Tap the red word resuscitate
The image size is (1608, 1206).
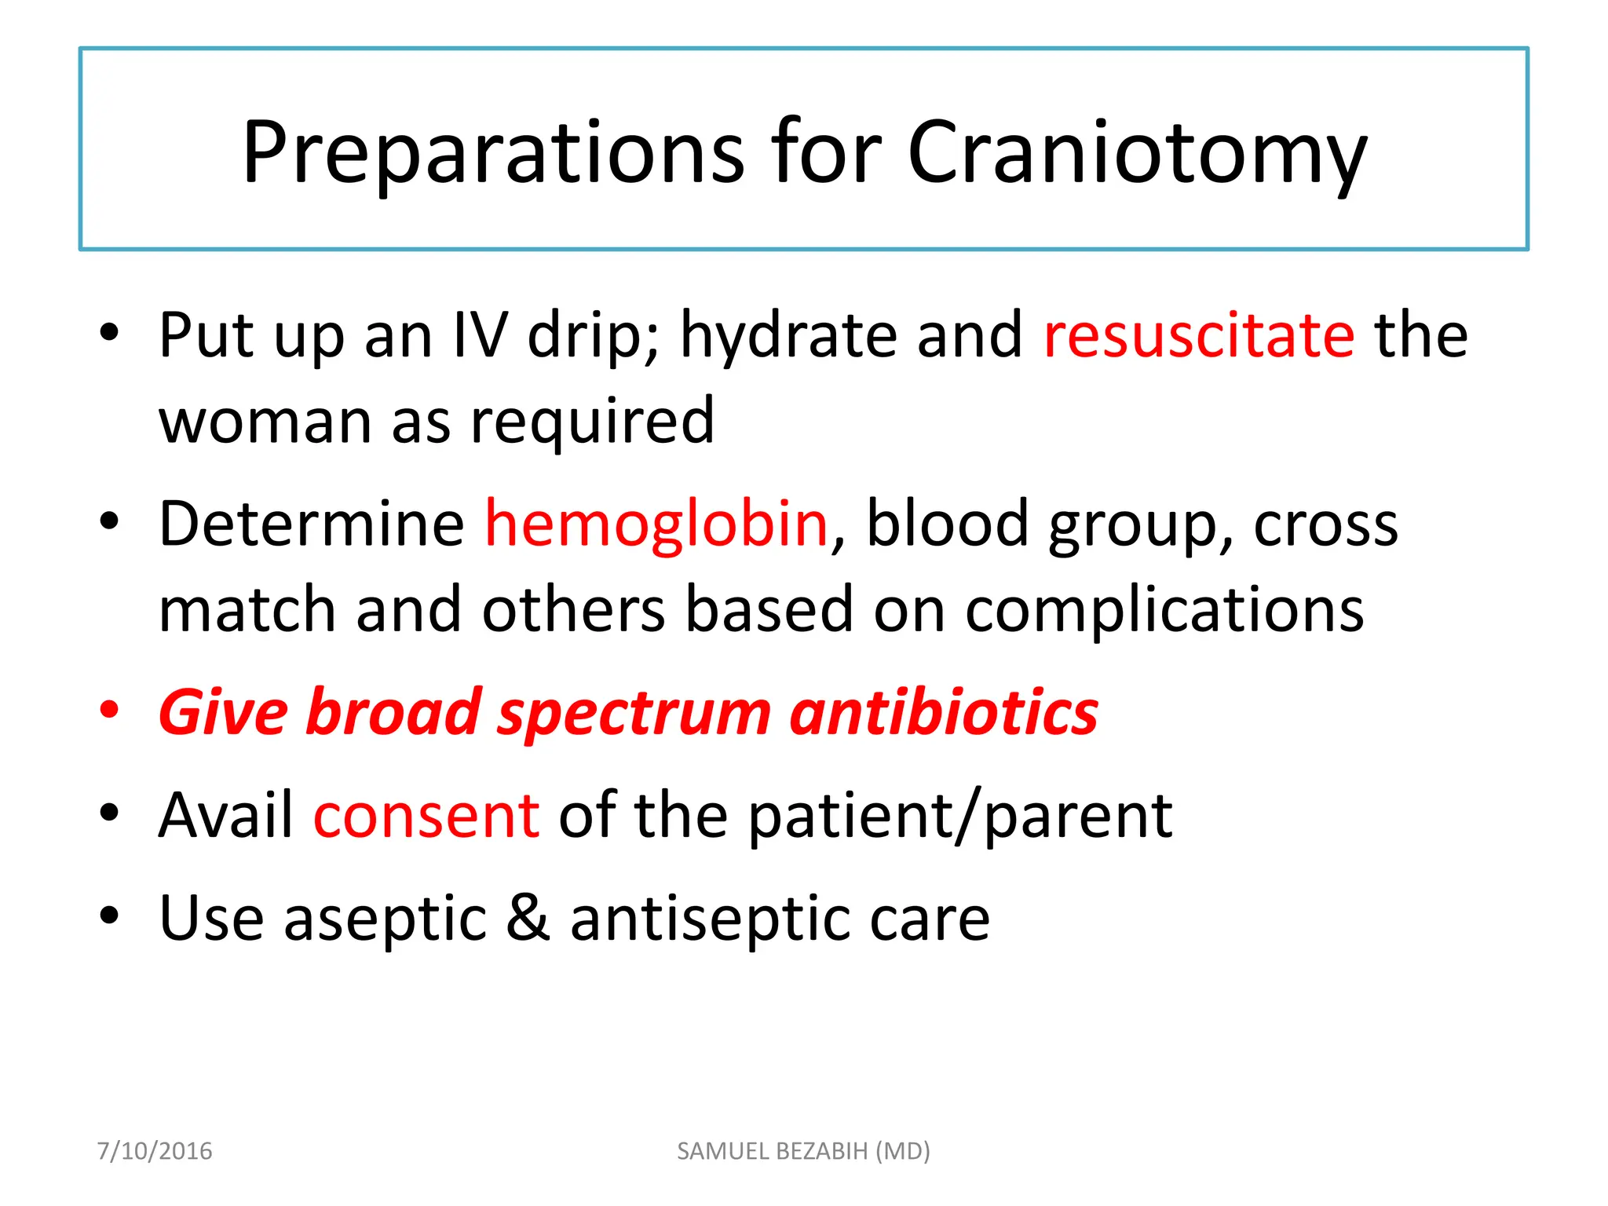(x=1199, y=336)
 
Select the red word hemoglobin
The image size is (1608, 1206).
(x=656, y=524)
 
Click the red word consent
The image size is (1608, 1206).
(x=426, y=816)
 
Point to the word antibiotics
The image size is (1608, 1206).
(x=944, y=712)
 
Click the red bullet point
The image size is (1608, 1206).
(x=109, y=709)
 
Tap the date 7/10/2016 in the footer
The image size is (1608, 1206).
(x=155, y=1151)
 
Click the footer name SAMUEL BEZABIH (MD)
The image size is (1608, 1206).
(x=803, y=1151)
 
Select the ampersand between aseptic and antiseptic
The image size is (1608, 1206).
(x=528, y=918)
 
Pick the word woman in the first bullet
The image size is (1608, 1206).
(x=265, y=422)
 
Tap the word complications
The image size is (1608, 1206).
(x=1164, y=611)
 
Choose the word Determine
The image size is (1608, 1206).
(x=312, y=524)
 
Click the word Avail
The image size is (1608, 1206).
(x=226, y=816)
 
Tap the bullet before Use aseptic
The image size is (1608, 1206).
(x=109, y=915)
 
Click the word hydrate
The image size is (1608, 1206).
(x=788, y=336)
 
